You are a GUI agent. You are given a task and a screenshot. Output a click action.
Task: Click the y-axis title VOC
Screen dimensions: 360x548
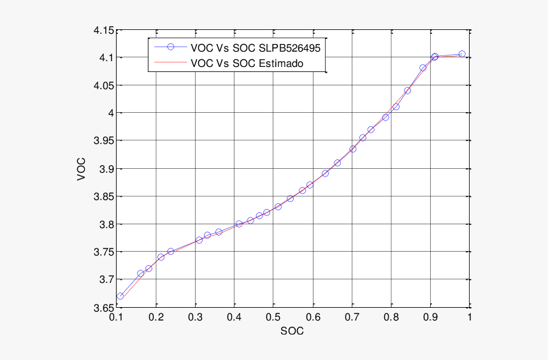(x=81, y=169)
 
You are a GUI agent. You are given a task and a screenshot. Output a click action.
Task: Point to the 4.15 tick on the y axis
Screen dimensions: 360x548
(x=103, y=30)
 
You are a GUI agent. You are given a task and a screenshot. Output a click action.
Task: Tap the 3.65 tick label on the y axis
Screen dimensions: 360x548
(x=103, y=308)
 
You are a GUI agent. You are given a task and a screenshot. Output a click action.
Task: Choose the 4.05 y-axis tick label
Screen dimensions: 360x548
(x=103, y=85)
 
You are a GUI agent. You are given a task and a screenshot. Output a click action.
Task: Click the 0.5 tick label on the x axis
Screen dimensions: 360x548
(x=273, y=317)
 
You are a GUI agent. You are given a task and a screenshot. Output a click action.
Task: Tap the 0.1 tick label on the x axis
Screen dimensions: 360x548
(x=116, y=317)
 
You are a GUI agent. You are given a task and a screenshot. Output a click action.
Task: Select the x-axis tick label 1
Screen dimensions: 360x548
(x=469, y=317)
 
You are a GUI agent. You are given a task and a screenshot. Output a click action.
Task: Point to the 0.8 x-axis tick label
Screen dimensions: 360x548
(x=391, y=317)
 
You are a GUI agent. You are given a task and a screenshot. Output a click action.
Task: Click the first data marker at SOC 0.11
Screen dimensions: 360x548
(x=120, y=296)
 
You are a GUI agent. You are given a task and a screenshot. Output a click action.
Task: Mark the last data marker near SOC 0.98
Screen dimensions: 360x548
(x=462, y=54)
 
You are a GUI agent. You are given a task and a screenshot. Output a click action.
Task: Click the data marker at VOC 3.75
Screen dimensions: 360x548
(x=171, y=252)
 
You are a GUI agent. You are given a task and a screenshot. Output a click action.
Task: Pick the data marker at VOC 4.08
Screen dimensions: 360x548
(x=422, y=68)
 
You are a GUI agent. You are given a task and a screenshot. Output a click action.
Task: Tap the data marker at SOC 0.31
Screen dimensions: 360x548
(x=199, y=240)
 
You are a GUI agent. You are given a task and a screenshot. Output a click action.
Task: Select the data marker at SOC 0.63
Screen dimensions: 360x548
(x=325, y=173)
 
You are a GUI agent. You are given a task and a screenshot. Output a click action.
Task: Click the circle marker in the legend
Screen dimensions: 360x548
(x=170, y=47)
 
